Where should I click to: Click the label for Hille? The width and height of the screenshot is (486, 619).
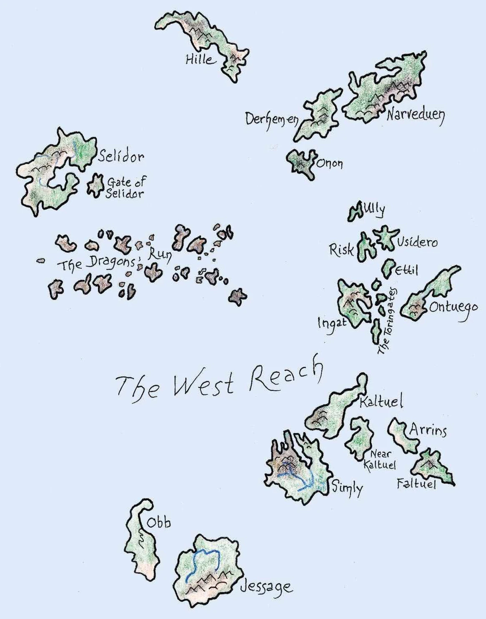click(x=200, y=60)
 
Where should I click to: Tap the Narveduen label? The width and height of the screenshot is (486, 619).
click(x=415, y=114)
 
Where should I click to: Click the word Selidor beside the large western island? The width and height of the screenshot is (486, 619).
click(x=121, y=157)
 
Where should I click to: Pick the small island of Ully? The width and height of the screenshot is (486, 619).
click(x=356, y=212)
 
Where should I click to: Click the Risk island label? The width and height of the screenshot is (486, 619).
click(x=341, y=250)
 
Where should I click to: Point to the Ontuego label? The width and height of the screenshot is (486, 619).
click(x=453, y=308)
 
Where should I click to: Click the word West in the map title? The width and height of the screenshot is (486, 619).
click(x=203, y=384)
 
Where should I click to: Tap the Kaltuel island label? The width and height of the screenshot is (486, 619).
click(x=381, y=402)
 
